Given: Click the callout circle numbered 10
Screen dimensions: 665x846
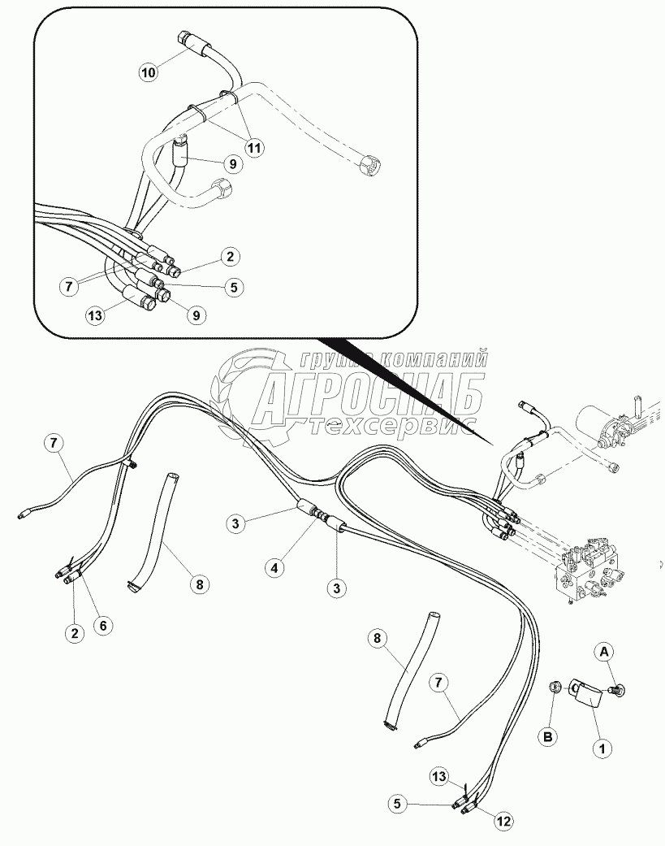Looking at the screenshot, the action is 149,72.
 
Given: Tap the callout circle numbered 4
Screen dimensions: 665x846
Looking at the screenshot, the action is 274,567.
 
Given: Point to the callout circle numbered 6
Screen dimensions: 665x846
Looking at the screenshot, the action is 103,625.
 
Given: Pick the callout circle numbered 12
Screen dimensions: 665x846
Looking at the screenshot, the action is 503,822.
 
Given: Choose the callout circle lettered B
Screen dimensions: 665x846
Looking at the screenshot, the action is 547,737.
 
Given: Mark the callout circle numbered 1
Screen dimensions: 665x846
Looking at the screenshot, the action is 602,748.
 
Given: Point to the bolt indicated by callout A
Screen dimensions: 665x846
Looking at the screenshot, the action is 617,689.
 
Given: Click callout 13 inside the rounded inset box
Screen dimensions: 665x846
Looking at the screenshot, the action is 95,315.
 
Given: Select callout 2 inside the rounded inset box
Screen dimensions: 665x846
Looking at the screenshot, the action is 230,256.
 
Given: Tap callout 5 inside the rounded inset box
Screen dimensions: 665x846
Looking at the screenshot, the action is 233,287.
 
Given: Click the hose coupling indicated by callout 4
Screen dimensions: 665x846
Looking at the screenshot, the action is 320,514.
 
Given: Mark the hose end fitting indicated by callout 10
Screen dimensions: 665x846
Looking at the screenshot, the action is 187,41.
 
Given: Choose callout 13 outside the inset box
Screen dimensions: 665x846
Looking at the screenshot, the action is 438,777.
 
